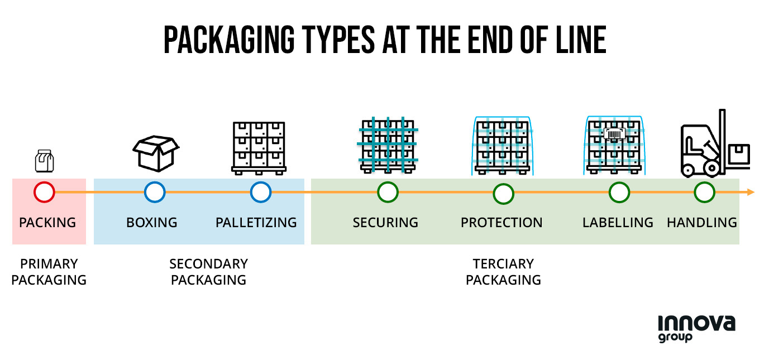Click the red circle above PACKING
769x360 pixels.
click(44, 192)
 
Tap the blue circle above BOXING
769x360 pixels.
click(155, 192)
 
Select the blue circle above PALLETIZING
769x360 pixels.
click(260, 192)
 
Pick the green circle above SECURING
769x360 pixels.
click(388, 192)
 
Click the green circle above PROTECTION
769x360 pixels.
click(503, 193)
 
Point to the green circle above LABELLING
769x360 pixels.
click(619, 193)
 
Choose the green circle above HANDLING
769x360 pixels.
click(704, 193)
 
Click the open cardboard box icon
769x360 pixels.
click(155, 152)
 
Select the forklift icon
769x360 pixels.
click(714, 143)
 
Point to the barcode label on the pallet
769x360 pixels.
click(614, 135)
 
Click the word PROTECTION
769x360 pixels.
click(501, 223)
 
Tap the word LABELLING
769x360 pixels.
click(617, 223)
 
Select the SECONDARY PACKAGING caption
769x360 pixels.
click(208, 272)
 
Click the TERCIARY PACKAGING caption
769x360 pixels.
click(503, 272)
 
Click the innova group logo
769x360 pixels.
click(696, 328)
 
